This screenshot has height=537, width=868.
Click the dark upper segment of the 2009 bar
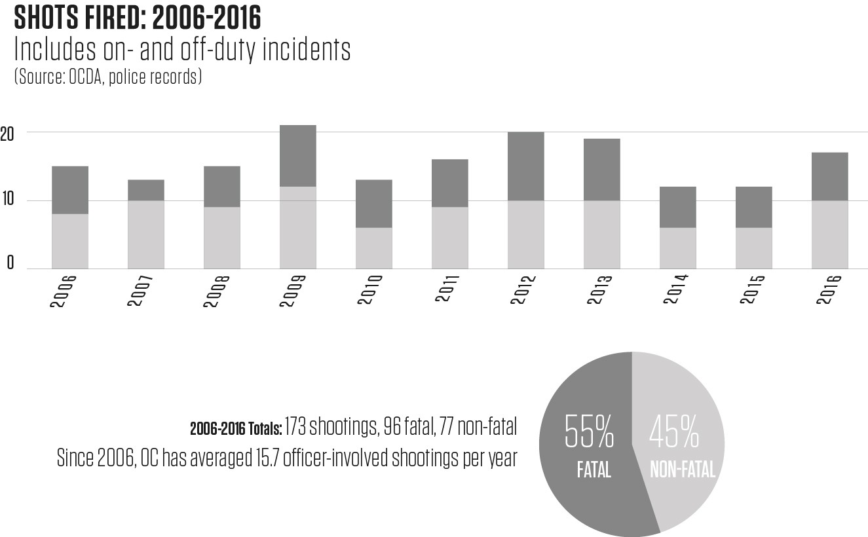pyautogui.click(x=297, y=156)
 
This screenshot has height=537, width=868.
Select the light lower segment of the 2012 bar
pyautogui.click(x=525, y=234)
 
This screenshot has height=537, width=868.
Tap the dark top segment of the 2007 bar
pyautogui.click(x=145, y=190)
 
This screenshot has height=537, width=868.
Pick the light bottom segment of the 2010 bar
pyautogui.click(x=373, y=248)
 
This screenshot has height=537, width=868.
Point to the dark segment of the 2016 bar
pyautogui.click(x=829, y=176)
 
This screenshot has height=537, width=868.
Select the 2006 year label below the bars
pyautogui.click(x=64, y=292)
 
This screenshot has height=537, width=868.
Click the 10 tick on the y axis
pyautogui.click(x=7, y=201)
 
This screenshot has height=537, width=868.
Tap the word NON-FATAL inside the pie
pyautogui.click(x=682, y=470)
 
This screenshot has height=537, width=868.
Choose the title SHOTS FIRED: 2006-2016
pyautogui.click(x=137, y=19)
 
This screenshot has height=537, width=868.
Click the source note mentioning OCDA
pyautogui.click(x=107, y=77)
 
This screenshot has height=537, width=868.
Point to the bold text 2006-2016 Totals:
pyautogui.click(x=236, y=430)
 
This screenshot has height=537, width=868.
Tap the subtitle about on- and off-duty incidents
pyautogui.click(x=182, y=50)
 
